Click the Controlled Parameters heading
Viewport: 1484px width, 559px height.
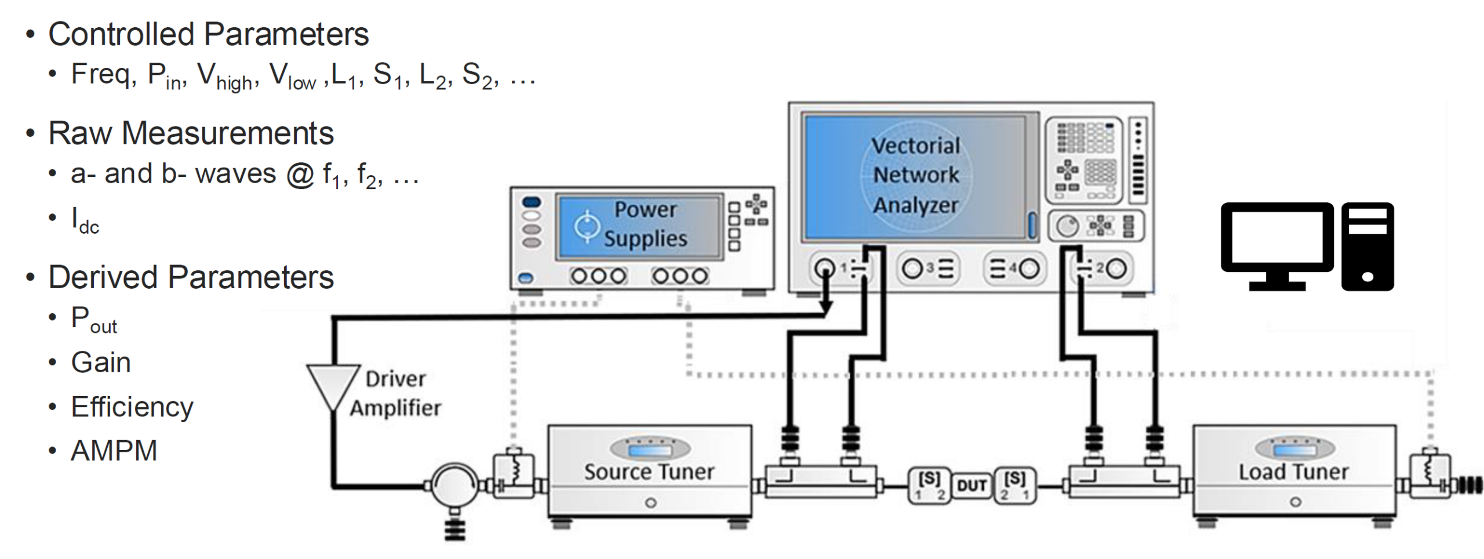(x=208, y=34)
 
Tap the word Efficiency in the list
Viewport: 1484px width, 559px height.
(x=132, y=407)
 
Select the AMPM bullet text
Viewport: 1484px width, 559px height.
(x=114, y=451)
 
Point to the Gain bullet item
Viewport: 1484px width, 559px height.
(x=100, y=363)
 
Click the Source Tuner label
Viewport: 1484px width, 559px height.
(x=649, y=472)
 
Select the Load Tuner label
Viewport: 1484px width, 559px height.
(x=1293, y=472)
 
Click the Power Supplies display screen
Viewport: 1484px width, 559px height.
(x=639, y=226)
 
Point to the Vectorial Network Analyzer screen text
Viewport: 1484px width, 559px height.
(x=915, y=175)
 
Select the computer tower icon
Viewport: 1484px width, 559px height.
(x=1367, y=246)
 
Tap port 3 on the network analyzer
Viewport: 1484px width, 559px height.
(x=913, y=268)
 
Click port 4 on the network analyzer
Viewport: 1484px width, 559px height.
(x=1028, y=268)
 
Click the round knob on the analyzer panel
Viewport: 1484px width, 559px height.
(x=1067, y=226)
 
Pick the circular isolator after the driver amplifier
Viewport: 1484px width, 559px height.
(x=455, y=486)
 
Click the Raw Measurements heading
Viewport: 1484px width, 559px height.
(x=191, y=133)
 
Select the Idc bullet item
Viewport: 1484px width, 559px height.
(x=85, y=220)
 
